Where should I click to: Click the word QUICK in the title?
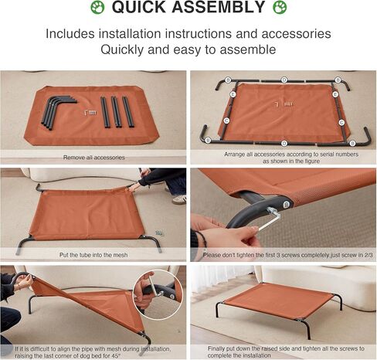pyautogui.click(x=146, y=8)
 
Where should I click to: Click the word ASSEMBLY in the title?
pyautogui.click(x=223, y=8)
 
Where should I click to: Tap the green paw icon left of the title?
pyautogui.click(x=97, y=8)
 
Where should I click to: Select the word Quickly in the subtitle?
pyautogui.click(x=128, y=49)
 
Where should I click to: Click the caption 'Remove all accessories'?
pyautogui.click(x=93, y=157)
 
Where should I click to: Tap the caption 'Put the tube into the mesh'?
pyautogui.click(x=93, y=252)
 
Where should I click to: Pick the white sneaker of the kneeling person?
pyautogui.click(x=179, y=199)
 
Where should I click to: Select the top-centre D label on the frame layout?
pyautogui.click(x=284, y=80)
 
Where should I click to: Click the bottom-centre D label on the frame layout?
pyautogui.click(x=284, y=143)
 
